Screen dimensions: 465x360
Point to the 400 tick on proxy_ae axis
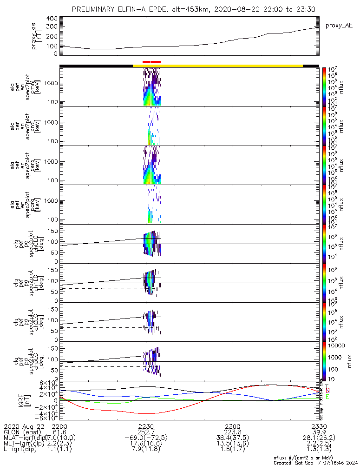coord(52,19)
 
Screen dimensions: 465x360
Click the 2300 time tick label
coord(232,426)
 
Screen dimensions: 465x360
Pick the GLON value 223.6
coord(232,432)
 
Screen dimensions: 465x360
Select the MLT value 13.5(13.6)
coord(232,445)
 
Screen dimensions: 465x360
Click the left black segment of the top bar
coord(96,66)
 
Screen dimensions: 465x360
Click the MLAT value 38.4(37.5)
coord(232,438)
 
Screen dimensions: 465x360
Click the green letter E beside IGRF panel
coord(327,397)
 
